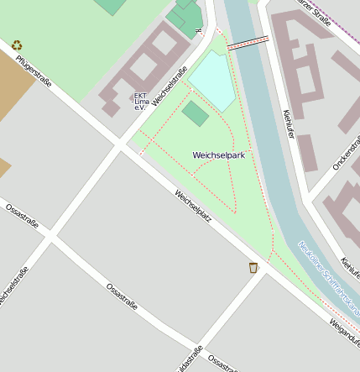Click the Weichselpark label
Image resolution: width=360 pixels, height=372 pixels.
click(218, 155)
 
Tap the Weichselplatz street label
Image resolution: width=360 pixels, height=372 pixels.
click(192, 206)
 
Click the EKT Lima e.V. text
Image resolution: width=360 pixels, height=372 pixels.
click(141, 101)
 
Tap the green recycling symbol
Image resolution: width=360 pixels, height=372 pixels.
click(17, 45)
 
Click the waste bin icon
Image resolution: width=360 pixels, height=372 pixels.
click(253, 268)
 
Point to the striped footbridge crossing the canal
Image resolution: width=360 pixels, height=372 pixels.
click(248, 42)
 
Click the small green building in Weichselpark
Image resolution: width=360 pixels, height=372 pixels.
click(196, 113)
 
